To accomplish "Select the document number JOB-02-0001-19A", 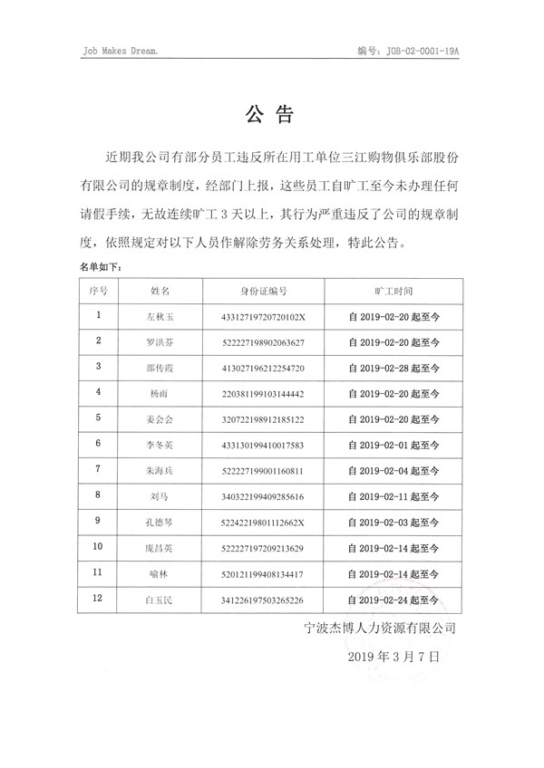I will (x=409, y=53).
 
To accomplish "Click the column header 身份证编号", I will (x=263, y=292).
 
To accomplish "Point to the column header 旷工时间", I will (x=393, y=292).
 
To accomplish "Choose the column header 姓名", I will (x=160, y=292).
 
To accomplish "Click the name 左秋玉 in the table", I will (x=160, y=317).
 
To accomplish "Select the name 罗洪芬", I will (x=160, y=342).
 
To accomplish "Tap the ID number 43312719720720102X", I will (x=263, y=317).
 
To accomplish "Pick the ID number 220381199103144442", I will (x=263, y=394).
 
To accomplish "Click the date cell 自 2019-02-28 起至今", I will (x=393, y=369).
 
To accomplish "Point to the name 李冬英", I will (x=160, y=446).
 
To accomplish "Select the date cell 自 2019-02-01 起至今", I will (x=393, y=446).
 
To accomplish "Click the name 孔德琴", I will (x=160, y=523).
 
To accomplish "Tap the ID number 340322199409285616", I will (x=263, y=497).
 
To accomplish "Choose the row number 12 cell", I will (x=99, y=599).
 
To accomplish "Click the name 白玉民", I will (x=160, y=600).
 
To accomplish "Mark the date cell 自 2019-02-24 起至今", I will (x=393, y=600).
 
